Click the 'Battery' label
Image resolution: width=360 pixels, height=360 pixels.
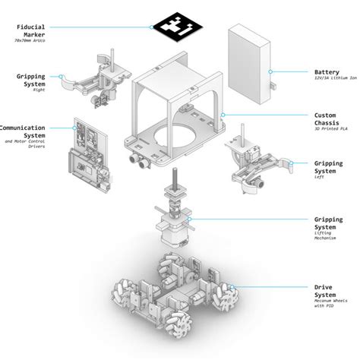point(326,71)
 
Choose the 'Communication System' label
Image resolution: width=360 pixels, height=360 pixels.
point(23,132)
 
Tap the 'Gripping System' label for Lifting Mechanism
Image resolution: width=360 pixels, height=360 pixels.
point(330,223)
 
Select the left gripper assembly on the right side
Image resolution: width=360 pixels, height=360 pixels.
point(254,163)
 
